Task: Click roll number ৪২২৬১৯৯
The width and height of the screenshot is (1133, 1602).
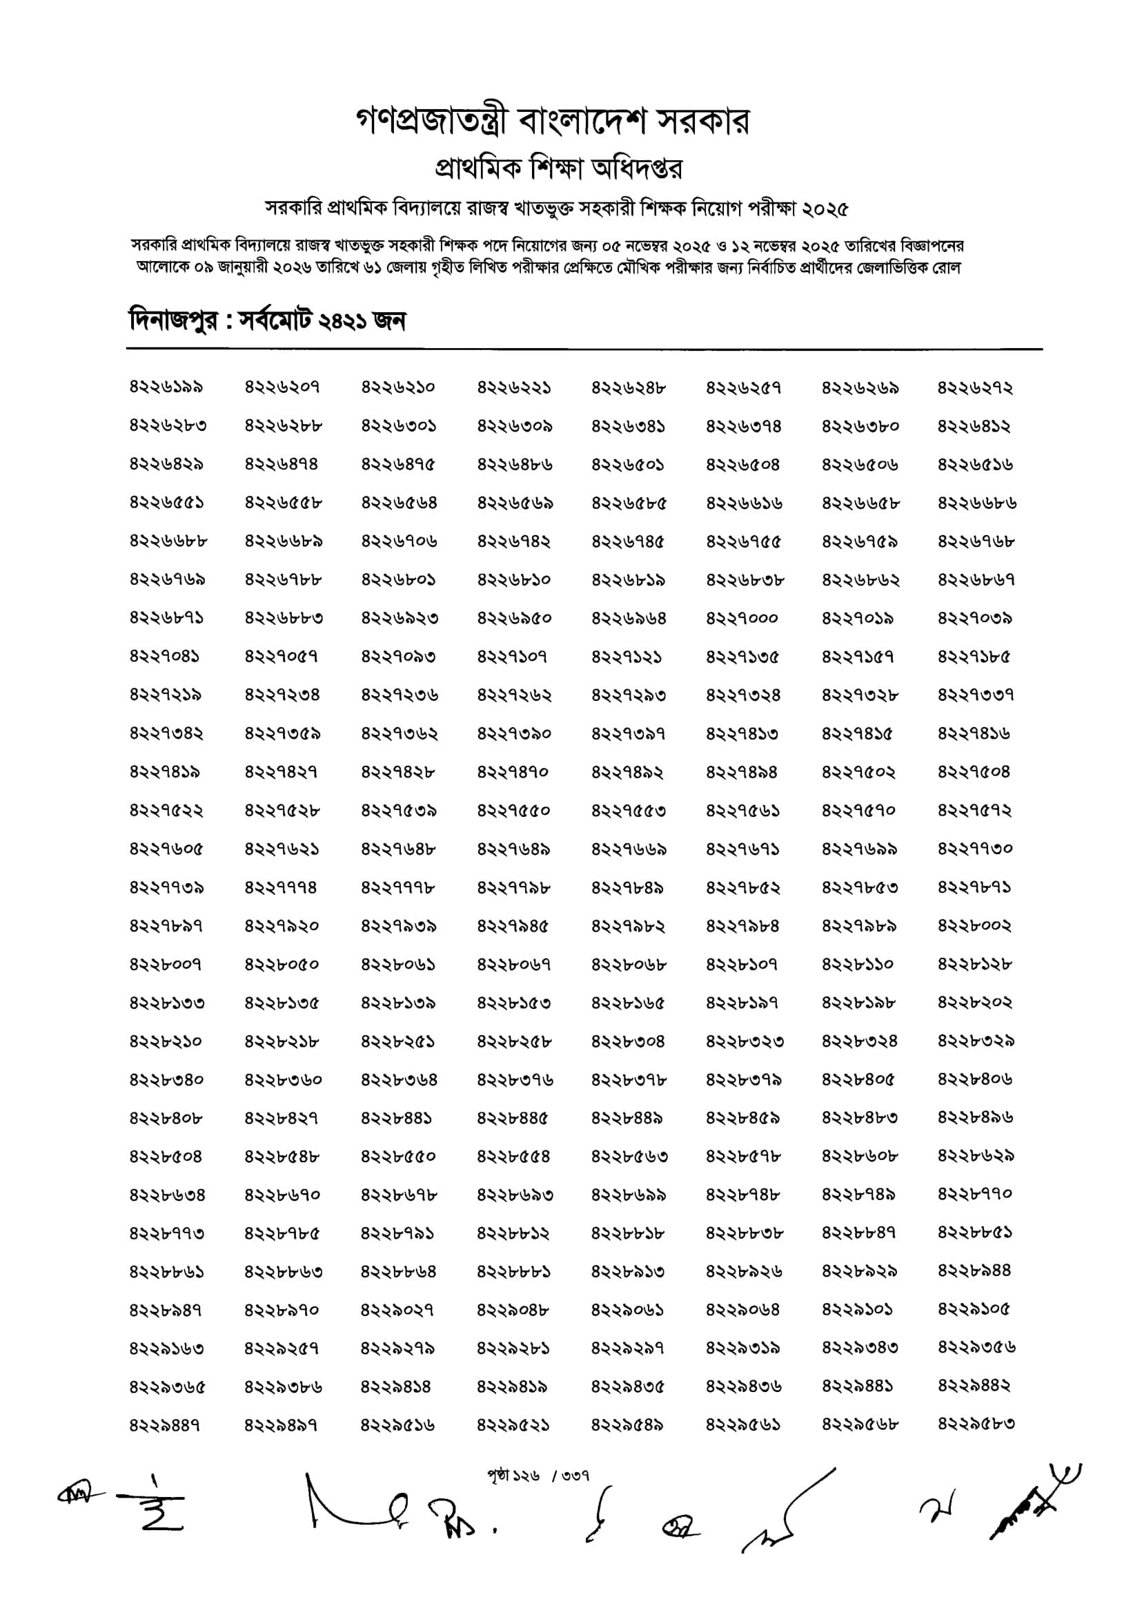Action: pos(166,387)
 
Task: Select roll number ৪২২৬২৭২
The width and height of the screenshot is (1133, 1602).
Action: pos(974,387)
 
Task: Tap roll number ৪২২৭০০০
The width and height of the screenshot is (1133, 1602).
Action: pos(742,619)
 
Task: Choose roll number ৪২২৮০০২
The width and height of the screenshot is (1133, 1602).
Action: pos(974,926)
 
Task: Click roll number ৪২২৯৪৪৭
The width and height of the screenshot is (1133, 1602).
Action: pos(166,1424)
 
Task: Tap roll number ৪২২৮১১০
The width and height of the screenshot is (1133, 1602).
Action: pos(858,965)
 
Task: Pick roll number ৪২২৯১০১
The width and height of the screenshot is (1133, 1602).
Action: pos(858,1309)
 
